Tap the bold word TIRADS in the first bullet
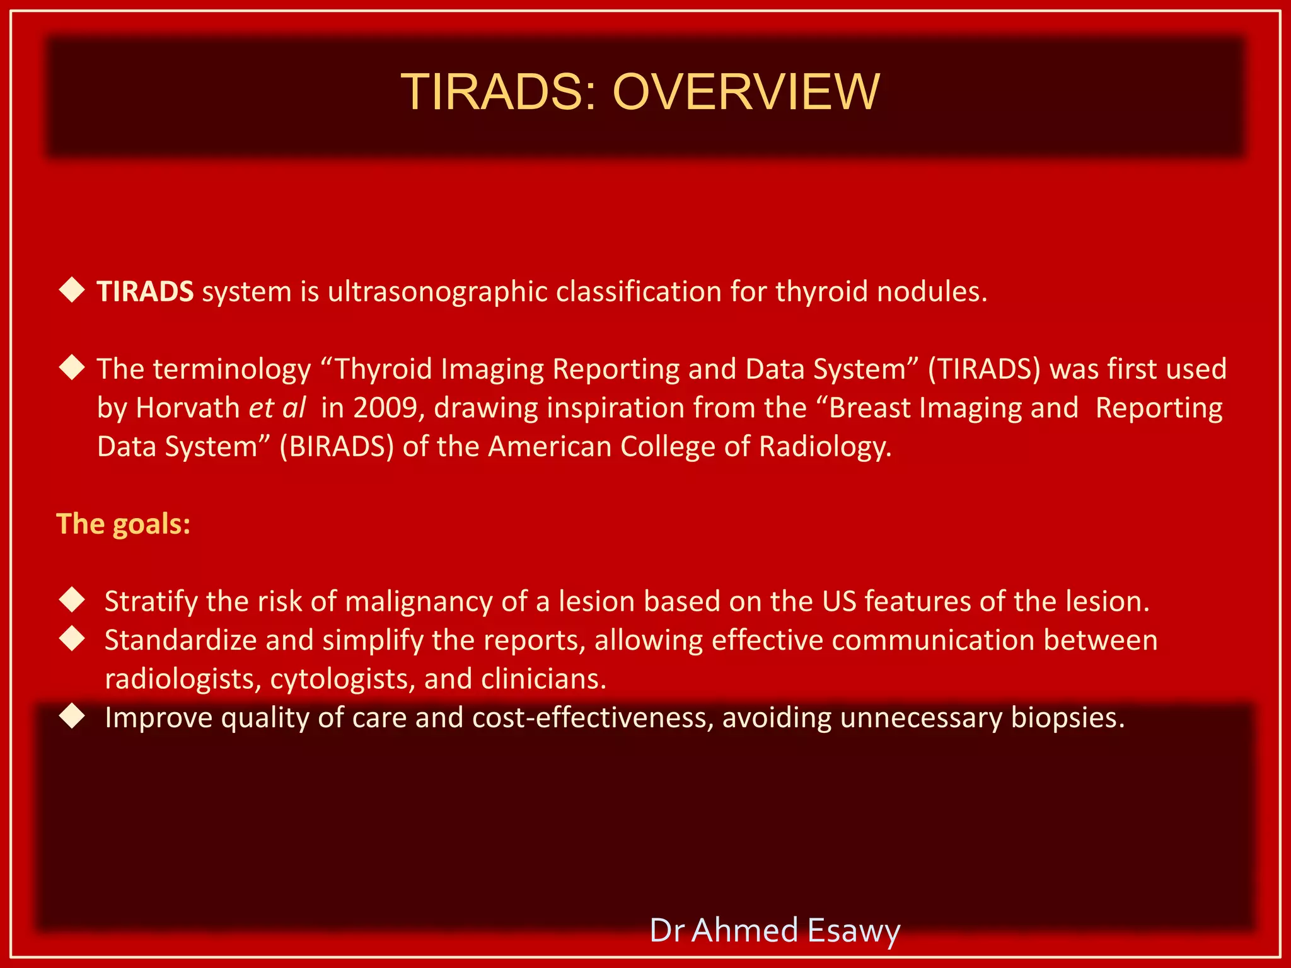coord(145,292)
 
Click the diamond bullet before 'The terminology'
coord(72,367)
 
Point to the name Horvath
coord(188,408)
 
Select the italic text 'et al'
coord(277,408)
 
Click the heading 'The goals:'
coord(124,524)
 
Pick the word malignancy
coord(419,602)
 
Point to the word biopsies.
coord(1068,718)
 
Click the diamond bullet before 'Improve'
coord(72,716)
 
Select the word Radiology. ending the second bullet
coord(825,447)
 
